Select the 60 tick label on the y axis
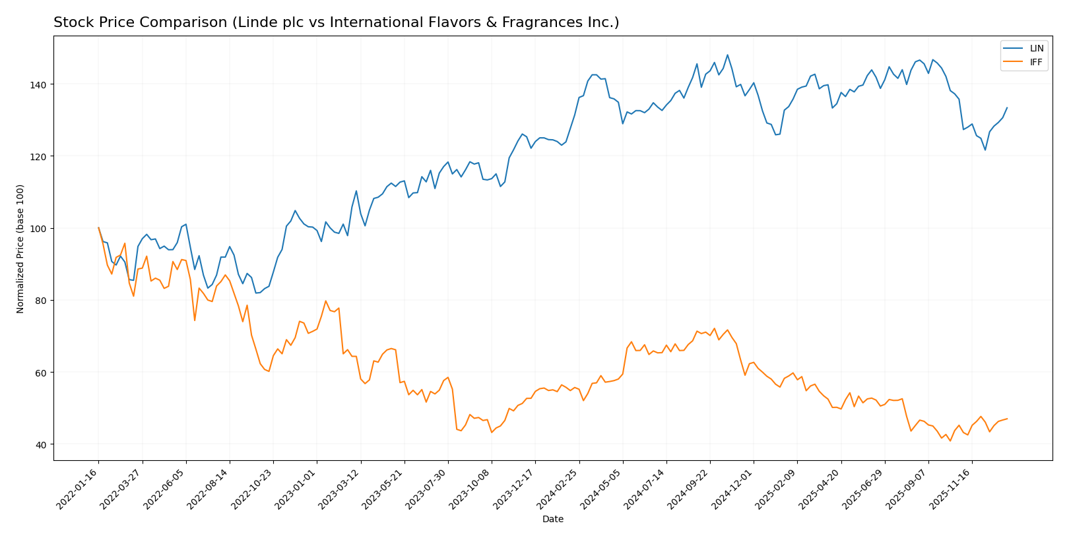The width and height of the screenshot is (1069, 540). click(41, 373)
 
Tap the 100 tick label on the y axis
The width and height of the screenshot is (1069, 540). click(39, 228)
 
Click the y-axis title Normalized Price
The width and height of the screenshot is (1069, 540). click(20, 249)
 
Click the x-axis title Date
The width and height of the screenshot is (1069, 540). click(552, 520)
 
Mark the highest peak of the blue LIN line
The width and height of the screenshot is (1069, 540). click(727, 55)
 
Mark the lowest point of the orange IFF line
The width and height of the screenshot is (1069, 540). click(950, 440)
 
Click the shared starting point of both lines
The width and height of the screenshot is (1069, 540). click(98, 228)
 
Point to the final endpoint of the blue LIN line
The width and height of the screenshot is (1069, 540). click(1007, 107)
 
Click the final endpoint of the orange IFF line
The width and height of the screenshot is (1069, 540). click(1007, 419)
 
